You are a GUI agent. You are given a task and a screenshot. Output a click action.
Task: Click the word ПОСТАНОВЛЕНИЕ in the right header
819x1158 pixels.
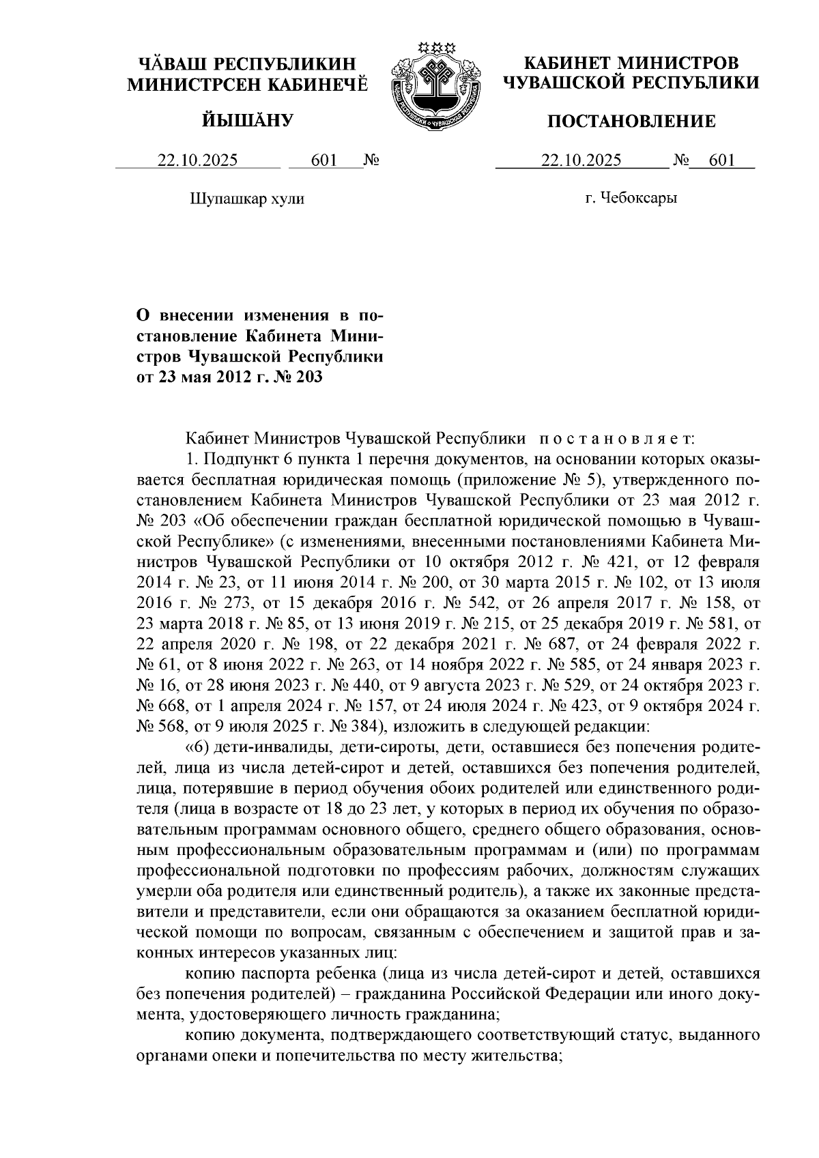(x=631, y=121)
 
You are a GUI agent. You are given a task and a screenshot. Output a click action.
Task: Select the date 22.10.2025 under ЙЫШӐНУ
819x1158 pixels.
(x=198, y=160)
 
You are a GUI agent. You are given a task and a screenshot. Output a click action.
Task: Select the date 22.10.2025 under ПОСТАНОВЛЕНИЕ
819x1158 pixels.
(x=581, y=160)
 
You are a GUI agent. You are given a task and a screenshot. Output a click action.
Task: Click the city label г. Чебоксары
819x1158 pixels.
(x=631, y=199)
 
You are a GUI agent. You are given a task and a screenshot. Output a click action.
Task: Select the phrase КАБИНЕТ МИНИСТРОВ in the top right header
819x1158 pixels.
(x=631, y=63)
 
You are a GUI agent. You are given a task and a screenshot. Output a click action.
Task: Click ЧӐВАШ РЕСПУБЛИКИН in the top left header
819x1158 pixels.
(x=248, y=64)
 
